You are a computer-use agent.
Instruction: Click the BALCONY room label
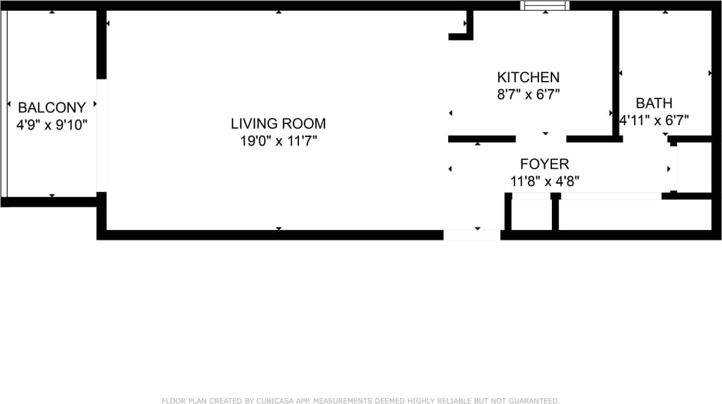click(52, 108)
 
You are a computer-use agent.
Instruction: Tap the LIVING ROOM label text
click(278, 124)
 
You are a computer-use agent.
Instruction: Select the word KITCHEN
click(528, 77)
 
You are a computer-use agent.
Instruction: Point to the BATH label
click(654, 104)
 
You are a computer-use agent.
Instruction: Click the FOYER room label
click(544, 164)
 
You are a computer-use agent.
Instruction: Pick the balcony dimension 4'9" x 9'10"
click(52, 125)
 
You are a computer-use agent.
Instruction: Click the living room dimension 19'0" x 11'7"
click(278, 141)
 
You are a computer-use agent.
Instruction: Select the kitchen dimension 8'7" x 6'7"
click(528, 94)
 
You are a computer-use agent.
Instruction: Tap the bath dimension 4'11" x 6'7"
click(654, 120)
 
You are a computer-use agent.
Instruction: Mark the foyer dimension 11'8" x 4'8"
click(544, 181)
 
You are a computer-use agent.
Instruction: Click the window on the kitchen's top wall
click(545, 5)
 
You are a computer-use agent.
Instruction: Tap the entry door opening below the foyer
click(472, 235)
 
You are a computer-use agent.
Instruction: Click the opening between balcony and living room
click(102, 135)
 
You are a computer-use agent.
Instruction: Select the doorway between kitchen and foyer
click(541, 139)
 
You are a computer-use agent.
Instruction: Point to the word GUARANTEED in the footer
click(535, 401)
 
